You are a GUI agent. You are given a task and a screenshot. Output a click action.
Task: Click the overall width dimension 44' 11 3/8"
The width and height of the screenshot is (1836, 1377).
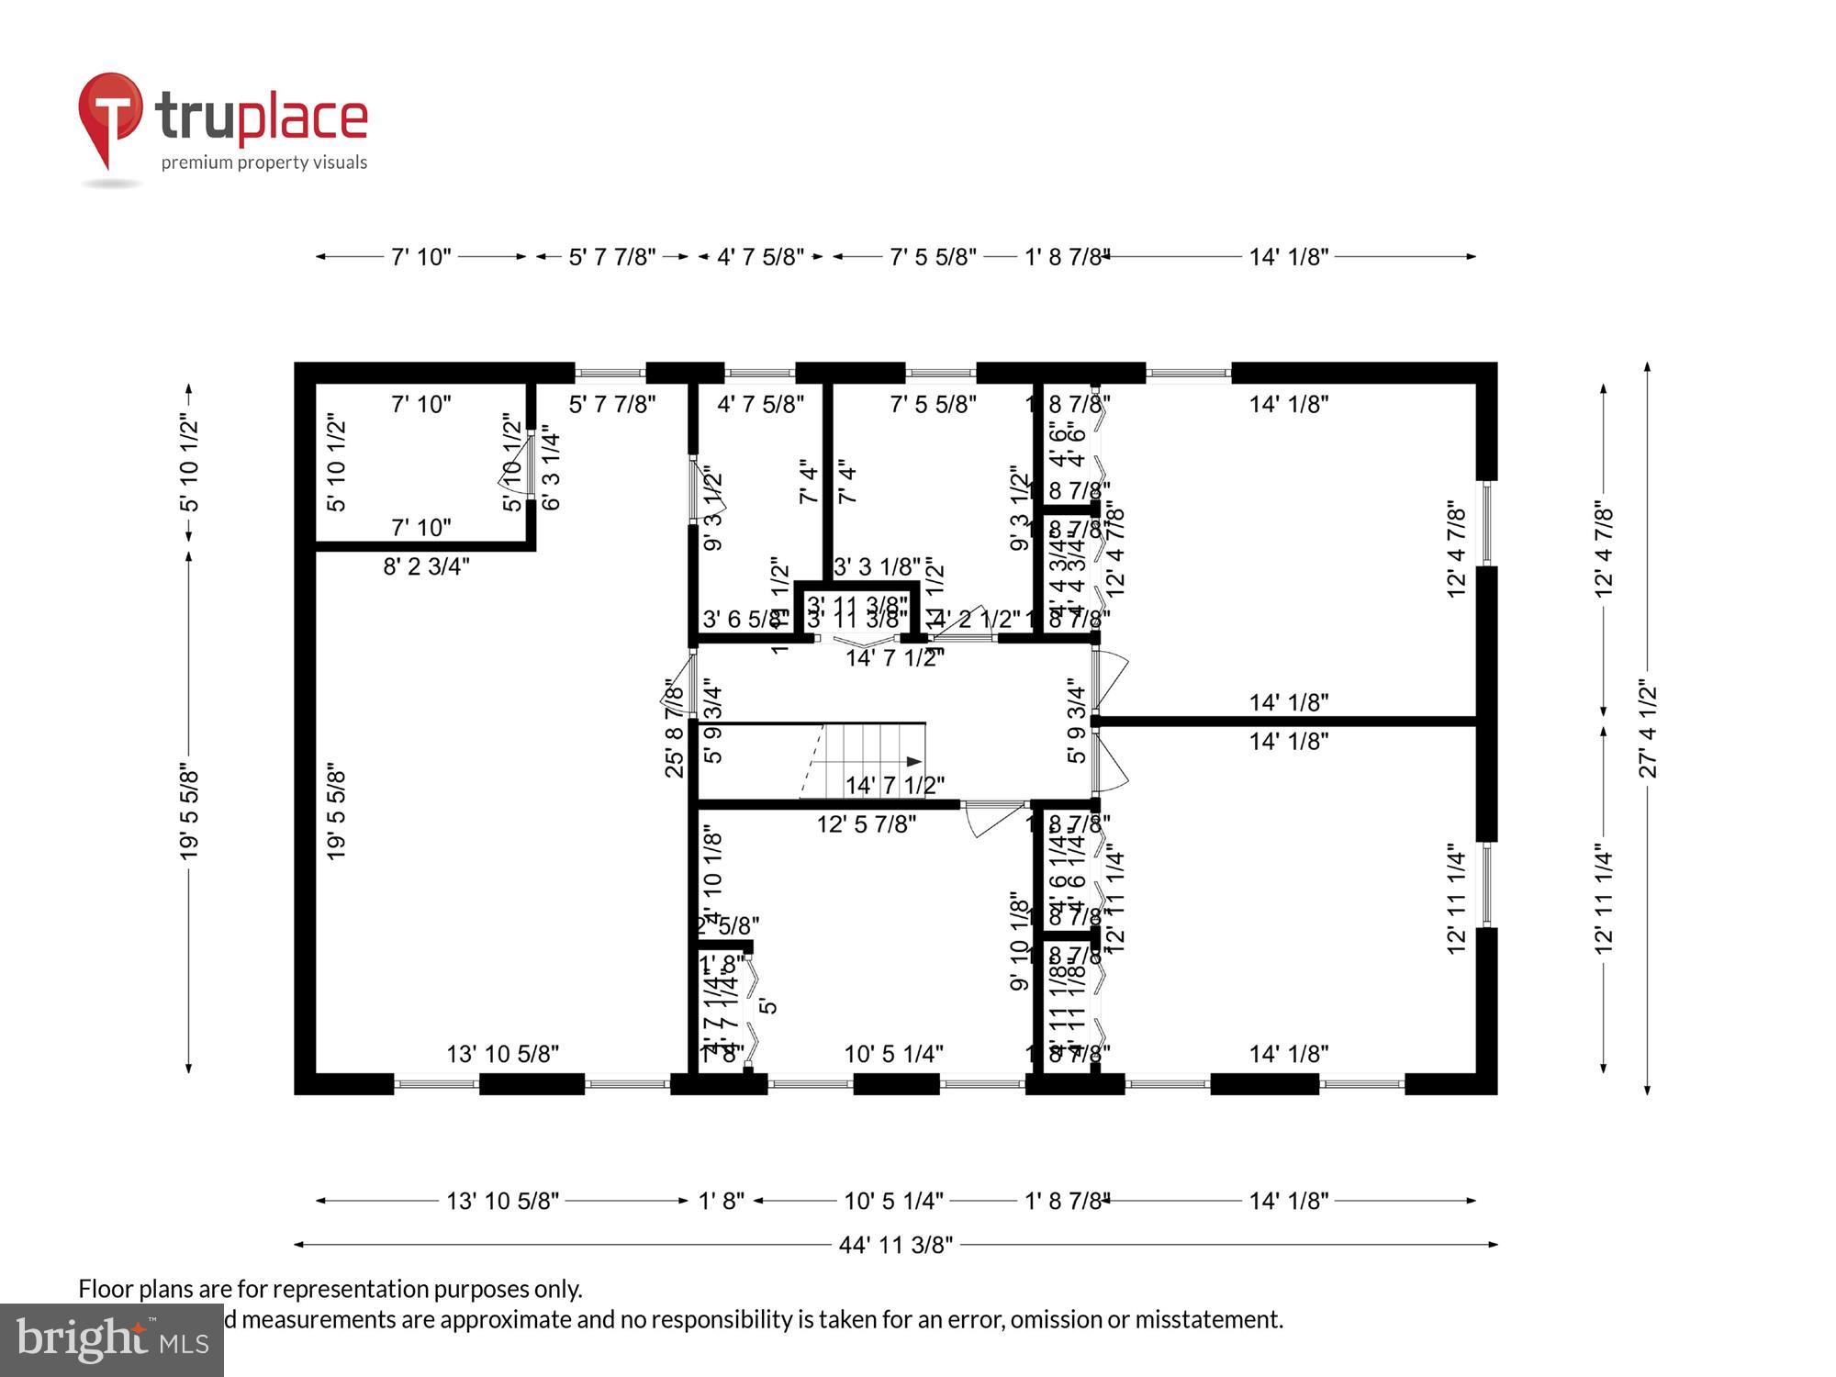(895, 1245)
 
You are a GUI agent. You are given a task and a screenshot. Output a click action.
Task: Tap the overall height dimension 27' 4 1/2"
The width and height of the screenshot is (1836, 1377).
(1649, 730)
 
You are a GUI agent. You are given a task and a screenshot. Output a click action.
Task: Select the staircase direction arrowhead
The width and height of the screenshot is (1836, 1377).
(914, 761)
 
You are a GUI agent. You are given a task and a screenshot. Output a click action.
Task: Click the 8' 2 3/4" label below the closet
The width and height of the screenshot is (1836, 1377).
(426, 566)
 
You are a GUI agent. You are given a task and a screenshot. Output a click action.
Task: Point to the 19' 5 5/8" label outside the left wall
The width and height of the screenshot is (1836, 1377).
(189, 812)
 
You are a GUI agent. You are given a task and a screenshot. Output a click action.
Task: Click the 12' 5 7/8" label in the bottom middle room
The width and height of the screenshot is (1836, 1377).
(866, 824)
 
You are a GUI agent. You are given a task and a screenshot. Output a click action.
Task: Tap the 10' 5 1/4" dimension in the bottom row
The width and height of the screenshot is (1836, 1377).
(893, 1201)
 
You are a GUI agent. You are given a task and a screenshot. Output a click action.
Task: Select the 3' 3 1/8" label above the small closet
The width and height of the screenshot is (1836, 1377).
(877, 566)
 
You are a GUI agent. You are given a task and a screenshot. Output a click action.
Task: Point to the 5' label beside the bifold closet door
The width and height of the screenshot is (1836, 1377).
(768, 1005)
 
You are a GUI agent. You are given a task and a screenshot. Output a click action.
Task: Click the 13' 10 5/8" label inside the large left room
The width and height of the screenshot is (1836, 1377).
(502, 1054)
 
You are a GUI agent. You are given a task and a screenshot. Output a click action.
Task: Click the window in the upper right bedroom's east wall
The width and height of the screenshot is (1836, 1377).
(1486, 523)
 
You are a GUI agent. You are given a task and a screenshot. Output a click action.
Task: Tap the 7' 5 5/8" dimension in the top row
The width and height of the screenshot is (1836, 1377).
(933, 257)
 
